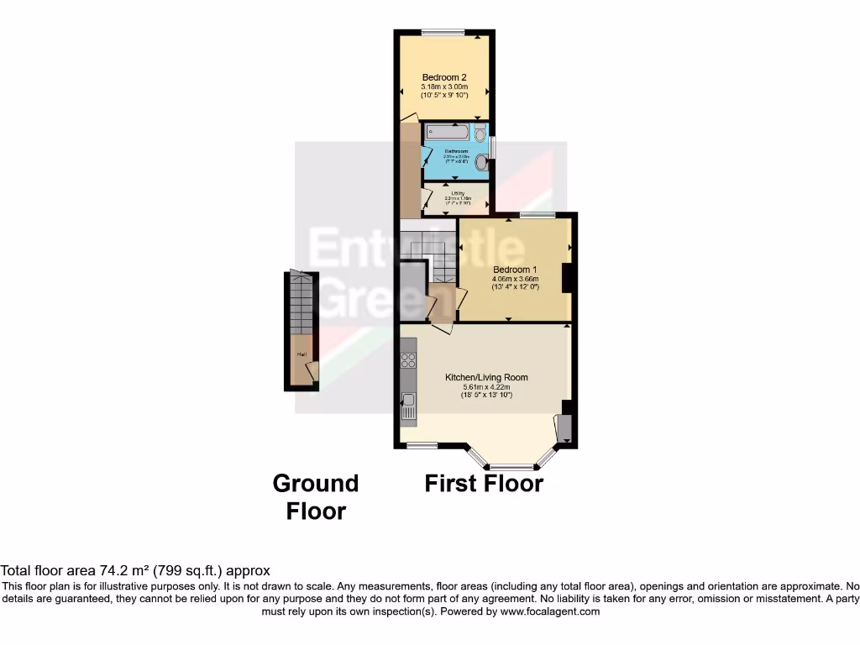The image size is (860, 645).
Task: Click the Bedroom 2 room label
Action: click(x=443, y=77)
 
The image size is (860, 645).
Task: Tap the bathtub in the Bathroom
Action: click(x=447, y=133)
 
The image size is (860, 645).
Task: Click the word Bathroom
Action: click(x=456, y=151)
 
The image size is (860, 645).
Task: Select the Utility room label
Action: click(x=457, y=192)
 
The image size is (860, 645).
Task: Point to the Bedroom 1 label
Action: click(x=515, y=270)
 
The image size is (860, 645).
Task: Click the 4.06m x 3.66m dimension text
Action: click(x=515, y=279)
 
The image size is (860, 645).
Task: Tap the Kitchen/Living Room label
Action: click(x=486, y=377)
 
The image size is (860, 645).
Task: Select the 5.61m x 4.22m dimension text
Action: click(x=486, y=386)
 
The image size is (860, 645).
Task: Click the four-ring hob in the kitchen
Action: click(x=409, y=361)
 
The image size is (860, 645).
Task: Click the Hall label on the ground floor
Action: click(x=301, y=354)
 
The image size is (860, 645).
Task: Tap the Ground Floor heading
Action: click(x=316, y=497)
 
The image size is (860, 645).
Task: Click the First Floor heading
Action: click(x=484, y=484)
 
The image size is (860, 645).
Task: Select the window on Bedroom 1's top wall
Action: click(x=537, y=215)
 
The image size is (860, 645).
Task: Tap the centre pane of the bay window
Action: click(x=512, y=466)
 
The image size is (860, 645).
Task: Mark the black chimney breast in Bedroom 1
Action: click(x=569, y=278)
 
